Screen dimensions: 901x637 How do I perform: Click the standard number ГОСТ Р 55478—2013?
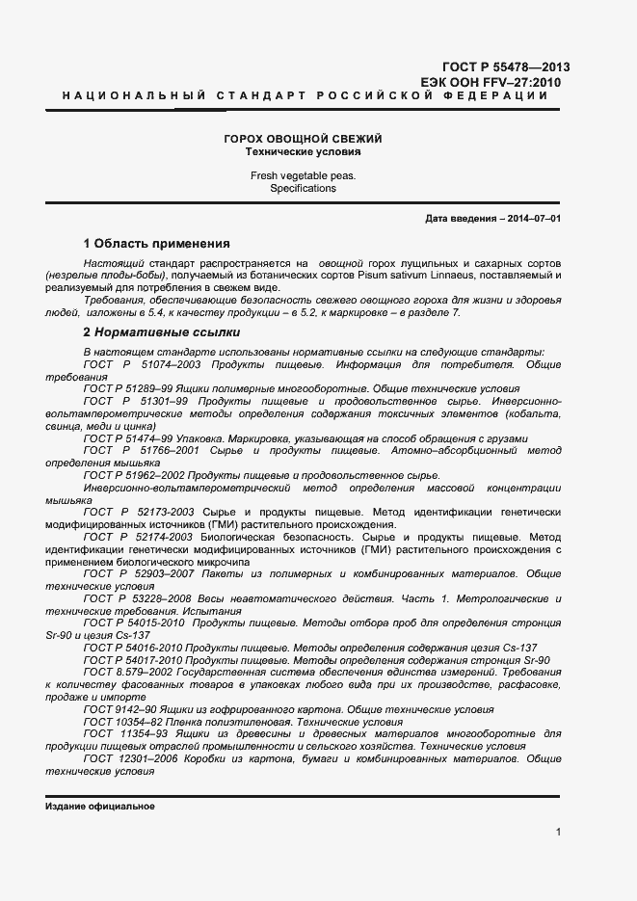pyautogui.click(x=505, y=67)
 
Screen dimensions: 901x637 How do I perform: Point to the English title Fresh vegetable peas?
pyautogui.click(x=303, y=176)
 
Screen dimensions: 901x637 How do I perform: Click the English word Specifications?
pyautogui.click(x=303, y=189)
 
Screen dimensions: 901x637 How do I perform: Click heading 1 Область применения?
pyautogui.click(x=156, y=244)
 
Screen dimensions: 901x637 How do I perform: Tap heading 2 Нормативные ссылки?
pyautogui.click(x=161, y=332)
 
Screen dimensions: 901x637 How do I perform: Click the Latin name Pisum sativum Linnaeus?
pyautogui.click(x=365, y=275)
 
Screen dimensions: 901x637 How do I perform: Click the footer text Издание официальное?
pyautogui.click(x=100, y=807)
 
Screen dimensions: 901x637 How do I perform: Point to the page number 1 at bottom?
pyautogui.click(x=559, y=832)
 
